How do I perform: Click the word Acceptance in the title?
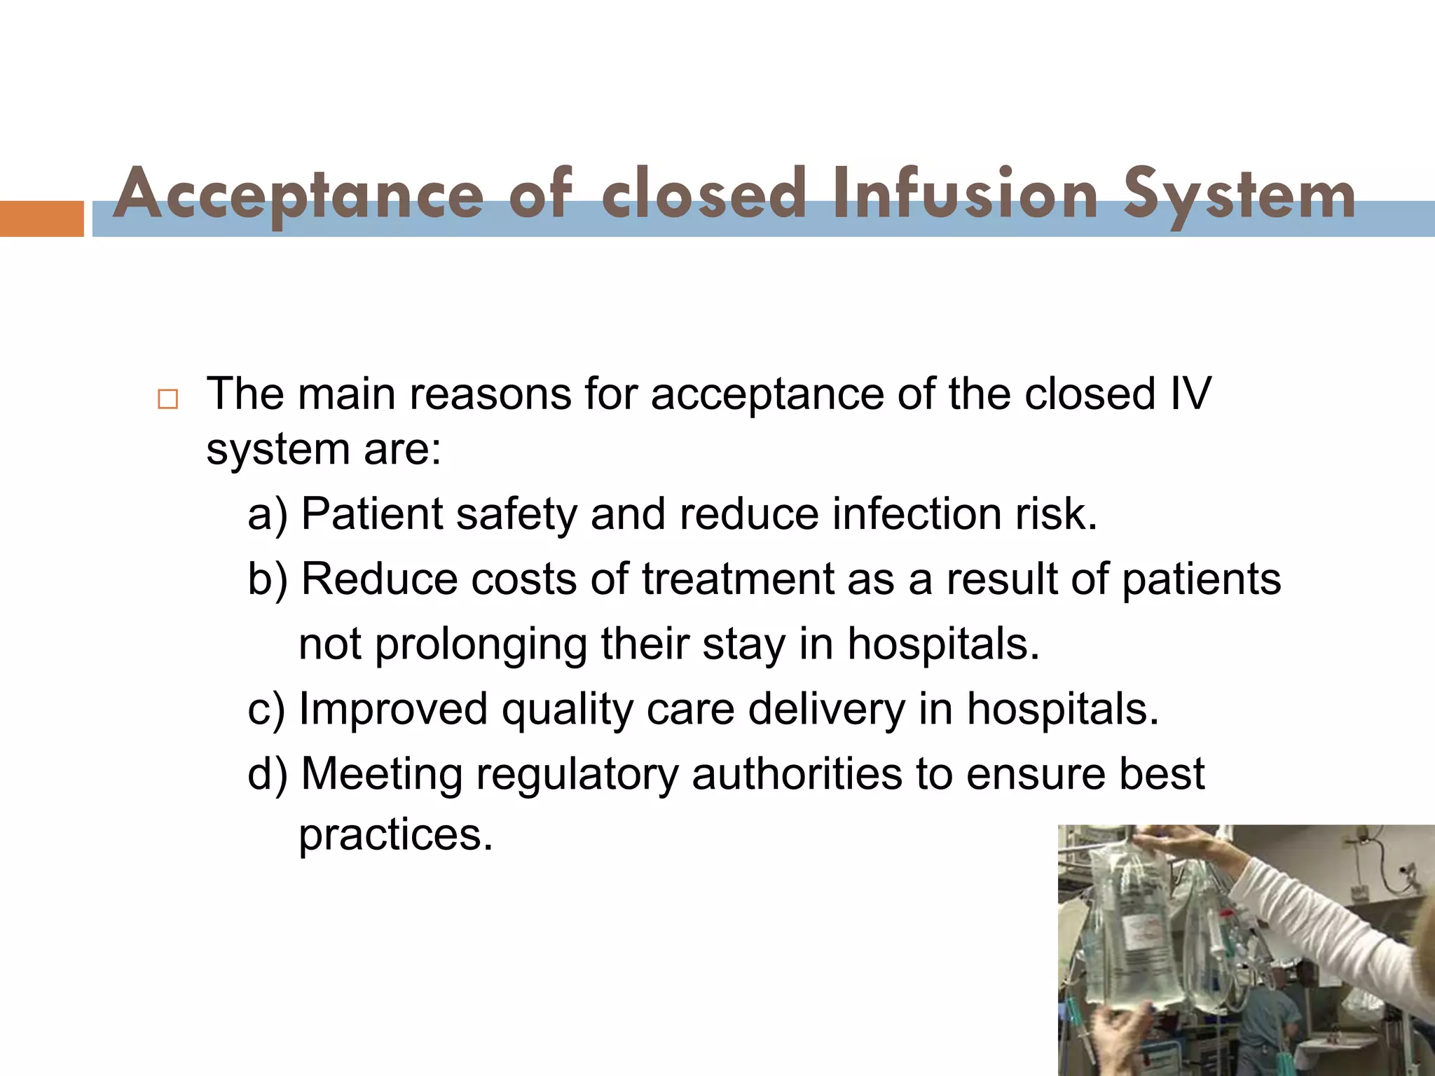pos(298,195)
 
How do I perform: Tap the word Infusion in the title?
pos(965,195)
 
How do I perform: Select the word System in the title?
pos(1239,195)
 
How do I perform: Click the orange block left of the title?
pos(41,219)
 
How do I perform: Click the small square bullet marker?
pos(168,400)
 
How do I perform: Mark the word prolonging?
pos(481,644)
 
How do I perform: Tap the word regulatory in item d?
pos(577,774)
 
